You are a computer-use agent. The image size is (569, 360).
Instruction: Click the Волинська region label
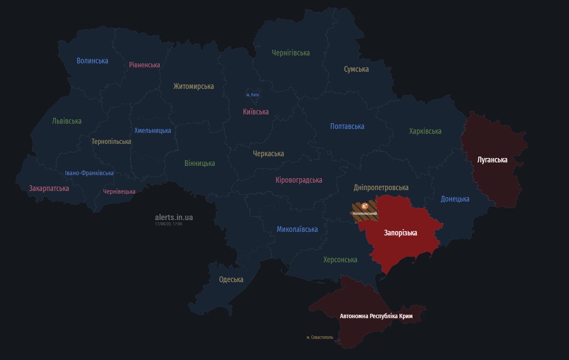[x=92, y=61]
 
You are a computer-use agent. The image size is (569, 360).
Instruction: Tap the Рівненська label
[x=144, y=65]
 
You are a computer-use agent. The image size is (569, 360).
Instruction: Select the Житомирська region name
[x=193, y=86]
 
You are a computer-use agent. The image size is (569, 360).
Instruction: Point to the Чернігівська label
[x=291, y=53]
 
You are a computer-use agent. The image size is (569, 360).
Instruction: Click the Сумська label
[x=356, y=69]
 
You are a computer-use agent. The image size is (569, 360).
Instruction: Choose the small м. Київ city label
[x=252, y=95]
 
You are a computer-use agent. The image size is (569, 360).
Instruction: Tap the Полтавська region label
[x=347, y=126]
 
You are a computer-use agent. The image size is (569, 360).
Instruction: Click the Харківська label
[x=425, y=131]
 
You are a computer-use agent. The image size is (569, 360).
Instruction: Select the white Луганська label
[x=492, y=160]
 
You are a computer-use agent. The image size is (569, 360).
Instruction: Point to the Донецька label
[x=455, y=199]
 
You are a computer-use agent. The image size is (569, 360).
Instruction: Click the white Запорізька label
[x=400, y=233]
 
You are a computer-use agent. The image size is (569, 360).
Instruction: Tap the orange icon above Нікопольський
[x=364, y=206]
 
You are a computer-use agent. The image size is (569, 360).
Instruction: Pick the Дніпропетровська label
[x=381, y=187]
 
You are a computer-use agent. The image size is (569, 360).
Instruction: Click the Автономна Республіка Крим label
[x=376, y=316]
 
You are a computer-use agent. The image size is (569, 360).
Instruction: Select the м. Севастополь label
[x=320, y=338]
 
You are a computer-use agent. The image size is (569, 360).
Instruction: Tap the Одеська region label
[x=231, y=279]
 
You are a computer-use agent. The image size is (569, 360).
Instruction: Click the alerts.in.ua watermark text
[x=174, y=217]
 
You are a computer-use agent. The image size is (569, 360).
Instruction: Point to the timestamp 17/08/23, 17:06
[x=168, y=224]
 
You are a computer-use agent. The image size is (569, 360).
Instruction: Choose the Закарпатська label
[x=49, y=188]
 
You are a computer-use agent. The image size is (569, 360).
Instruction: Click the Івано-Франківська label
[x=89, y=173]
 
